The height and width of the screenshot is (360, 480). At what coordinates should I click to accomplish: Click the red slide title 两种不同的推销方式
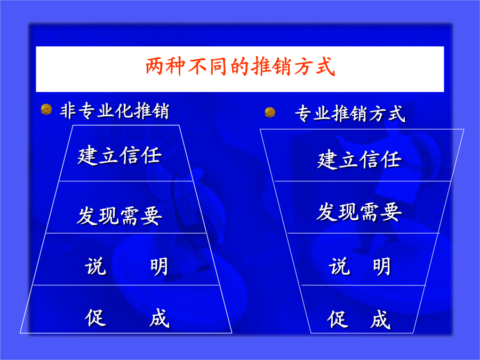(x=241, y=67)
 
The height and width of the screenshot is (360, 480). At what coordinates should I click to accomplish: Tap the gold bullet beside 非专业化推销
(x=46, y=109)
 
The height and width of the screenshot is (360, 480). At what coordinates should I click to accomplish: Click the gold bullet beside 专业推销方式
(x=270, y=113)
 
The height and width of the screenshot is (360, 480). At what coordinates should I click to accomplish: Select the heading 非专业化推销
(x=115, y=111)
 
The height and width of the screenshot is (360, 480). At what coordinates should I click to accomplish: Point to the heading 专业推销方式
(x=350, y=114)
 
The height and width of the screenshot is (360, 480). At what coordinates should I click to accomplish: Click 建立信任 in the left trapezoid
(x=119, y=156)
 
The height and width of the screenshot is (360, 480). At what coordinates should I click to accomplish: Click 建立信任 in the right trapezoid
(x=359, y=159)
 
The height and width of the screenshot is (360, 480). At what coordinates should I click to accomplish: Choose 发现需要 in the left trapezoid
(x=119, y=216)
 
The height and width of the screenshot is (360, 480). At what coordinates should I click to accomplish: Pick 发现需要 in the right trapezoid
(x=359, y=212)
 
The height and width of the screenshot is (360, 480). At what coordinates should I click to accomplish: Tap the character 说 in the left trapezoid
(x=95, y=266)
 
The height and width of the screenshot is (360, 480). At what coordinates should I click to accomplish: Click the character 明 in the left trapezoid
(x=159, y=267)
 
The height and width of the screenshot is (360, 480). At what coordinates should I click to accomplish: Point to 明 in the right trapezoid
(x=382, y=267)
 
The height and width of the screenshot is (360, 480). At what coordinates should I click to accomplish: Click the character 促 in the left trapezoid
(x=95, y=318)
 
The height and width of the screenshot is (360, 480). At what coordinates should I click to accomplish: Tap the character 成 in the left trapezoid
(x=159, y=318)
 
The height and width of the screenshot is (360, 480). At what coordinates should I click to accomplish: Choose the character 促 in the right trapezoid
(x=338, y=319)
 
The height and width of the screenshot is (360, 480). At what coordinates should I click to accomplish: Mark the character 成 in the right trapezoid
(x=380, y=319)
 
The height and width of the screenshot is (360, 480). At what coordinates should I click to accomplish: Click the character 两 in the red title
(x=155, y=67)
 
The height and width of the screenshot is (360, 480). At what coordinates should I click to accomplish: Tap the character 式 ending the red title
(x=326, y=67)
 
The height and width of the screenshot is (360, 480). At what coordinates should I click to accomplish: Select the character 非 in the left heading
(x=68, y=111)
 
